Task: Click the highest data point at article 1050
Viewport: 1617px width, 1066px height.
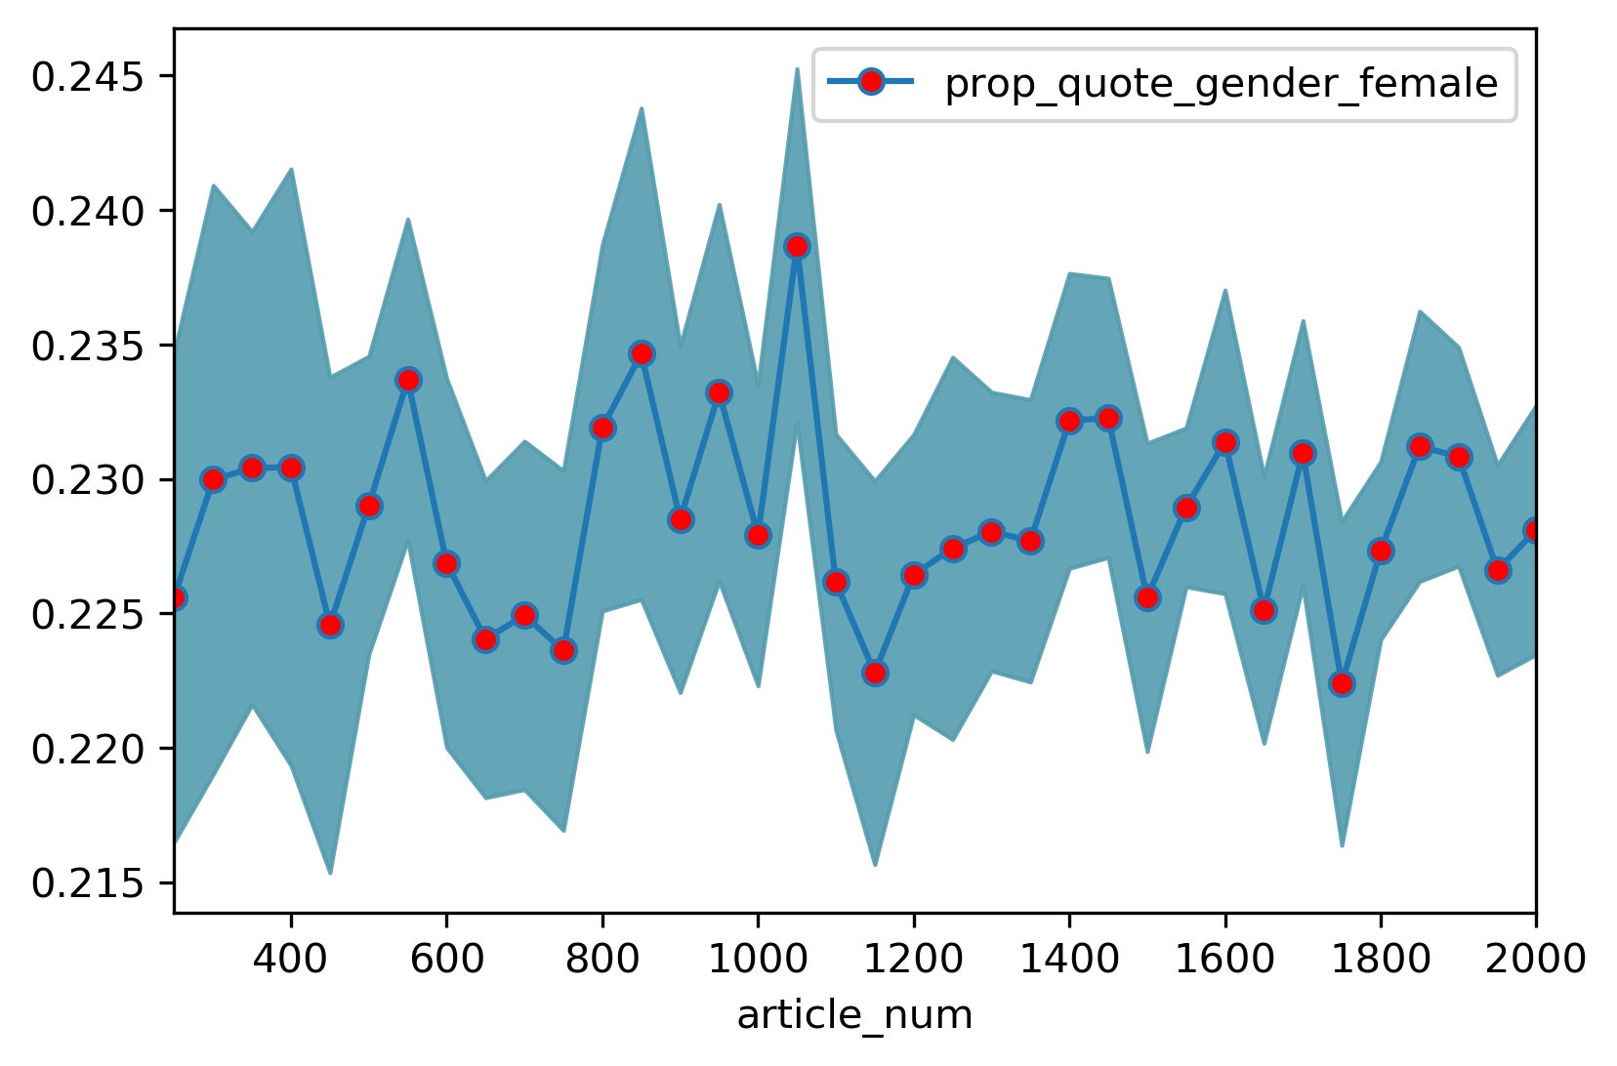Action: pyautogui.click(x=797, y=246)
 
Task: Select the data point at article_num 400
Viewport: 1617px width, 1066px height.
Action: pyautogui.click(x=291, y=468)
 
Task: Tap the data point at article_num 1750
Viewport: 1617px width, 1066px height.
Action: pyautogui.click(x=1342, y=683)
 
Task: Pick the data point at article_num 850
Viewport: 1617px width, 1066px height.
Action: pyautogui.click(x=642, y=353)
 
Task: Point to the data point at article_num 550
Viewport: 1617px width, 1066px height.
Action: pyautogui.click(x=408, y=380)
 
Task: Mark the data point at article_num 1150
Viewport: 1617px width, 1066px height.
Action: pyautogui.click(x=875, y=673)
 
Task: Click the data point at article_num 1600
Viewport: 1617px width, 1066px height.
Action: pyautogui.click(x=1225, y=442)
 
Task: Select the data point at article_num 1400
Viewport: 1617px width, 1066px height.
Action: pyautogui.click(x=1069, y=421)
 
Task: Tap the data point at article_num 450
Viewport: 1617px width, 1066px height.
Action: pyautogui.click(x=330, y=625)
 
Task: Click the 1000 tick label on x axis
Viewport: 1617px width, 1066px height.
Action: pyautogui.click(x=758, y=960)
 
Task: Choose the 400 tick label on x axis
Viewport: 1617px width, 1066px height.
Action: pyautogui.click(x=291, y=960)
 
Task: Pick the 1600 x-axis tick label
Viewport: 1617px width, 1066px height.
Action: pyautogui.click(x=1224, y=960)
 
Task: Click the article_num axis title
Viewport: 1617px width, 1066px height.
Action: pyautogui.click(x=854, y=1016)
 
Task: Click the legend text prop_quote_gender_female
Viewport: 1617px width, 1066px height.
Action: pyautogui.click(x=1221, y=84)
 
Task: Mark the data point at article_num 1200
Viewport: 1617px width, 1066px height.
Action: pyautogui.click(x=914, y=575)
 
